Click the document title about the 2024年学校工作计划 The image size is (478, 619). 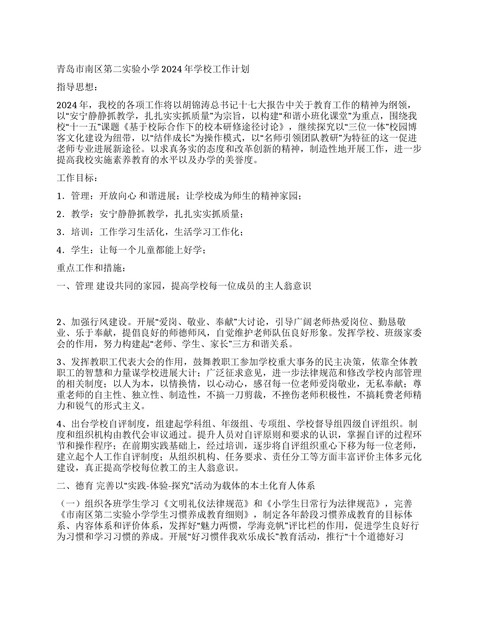153,68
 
